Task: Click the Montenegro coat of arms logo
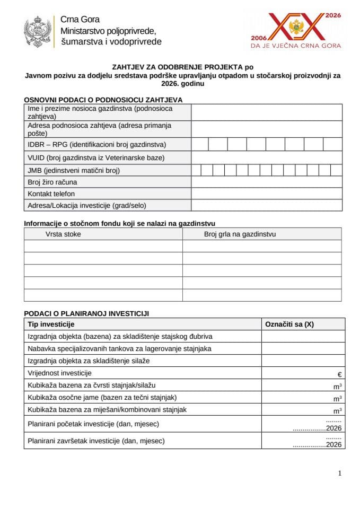click(x=37, y=31)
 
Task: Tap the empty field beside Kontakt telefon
click(x=266, y=194)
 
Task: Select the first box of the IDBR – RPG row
click(x=200, y=144)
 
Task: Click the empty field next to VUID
click(x=266, y=157)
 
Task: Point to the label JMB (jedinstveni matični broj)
click(x=74, y=170)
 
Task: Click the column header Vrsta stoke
click(x=63, y=234)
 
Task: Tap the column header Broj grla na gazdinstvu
click(x=240, y=234)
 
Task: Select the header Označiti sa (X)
click(x=289, y=324)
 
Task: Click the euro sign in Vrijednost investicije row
click(x=339, y=374)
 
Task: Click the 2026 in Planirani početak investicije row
click(x=334, y=428)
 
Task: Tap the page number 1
click(x=339, y=473)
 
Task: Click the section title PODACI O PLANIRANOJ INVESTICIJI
click(x=86, y=313)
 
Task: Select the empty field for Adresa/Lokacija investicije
click(x=266, y=205)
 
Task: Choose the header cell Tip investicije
click(x=51, y=324)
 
